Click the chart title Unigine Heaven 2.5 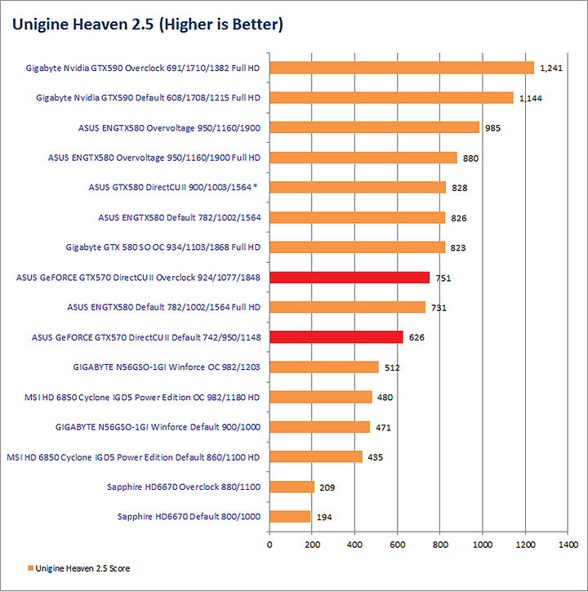click(x=147, y=25)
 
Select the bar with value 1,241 click(x=401, y=68)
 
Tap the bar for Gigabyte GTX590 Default click(x=391, y=98)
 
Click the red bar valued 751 click(x=350, y=277)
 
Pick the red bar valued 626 click(x=336, y=336)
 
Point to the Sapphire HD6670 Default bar click(x=290, y=516)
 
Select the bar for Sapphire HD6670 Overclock click(x=292, y=487)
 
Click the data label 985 click(x=492, y=128)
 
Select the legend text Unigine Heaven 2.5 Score click(x=83, y=568)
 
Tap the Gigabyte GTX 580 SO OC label click(x=163, y=247)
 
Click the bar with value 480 click(x=320, y=397)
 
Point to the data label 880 click(x=470, y=158)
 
